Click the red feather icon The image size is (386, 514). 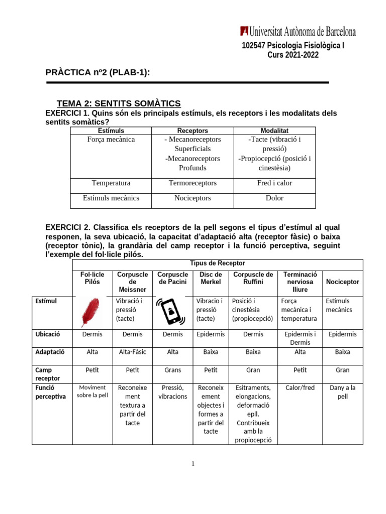(92, 312)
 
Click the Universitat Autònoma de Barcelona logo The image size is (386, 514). (298, 32)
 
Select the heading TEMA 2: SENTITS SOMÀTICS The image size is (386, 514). (119, 103)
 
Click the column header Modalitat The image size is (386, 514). (274, 131)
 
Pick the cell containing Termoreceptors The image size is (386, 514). (192, 183)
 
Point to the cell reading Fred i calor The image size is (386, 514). (274, 183)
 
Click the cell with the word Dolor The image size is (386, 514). (274, 198)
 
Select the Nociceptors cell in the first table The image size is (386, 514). (192, 198)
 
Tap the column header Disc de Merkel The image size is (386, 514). (211, 278)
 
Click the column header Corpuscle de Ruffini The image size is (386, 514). (253, 278)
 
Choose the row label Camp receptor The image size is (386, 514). (47, 374)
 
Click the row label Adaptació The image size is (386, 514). (47, 352)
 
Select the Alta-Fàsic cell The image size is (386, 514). (132, 352)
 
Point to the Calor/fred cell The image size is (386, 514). (300, 388)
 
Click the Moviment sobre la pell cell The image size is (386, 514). (92, 391)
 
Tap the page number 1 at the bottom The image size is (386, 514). (192, 463)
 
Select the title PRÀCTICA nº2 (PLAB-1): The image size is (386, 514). (98, 73)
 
